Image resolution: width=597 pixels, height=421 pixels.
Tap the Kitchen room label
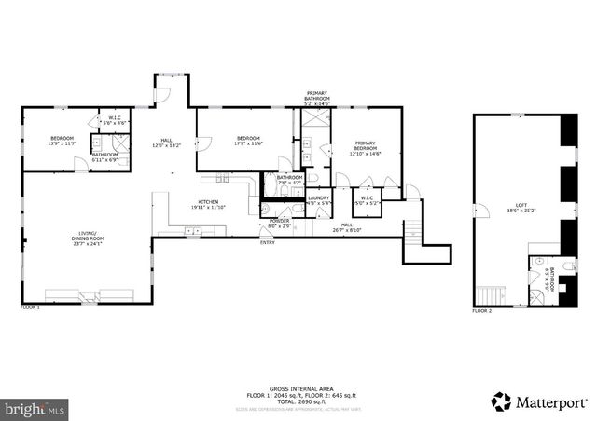[x=207, y=205]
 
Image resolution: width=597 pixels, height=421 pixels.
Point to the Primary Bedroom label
[x=365, y=146]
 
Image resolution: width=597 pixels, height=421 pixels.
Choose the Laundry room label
[x=319, y=199]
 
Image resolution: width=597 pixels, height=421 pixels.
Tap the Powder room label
[x=279, y=224]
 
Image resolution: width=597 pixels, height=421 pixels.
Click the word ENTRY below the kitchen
[x=268, y=243]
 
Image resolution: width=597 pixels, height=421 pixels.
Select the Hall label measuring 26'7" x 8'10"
[x=346, y=227]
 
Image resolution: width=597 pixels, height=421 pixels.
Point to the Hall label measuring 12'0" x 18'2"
[x=167, y=143]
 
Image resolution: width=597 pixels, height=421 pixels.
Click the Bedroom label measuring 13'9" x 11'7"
[x=55, y=141]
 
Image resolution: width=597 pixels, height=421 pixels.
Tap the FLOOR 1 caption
[x=30, y=306]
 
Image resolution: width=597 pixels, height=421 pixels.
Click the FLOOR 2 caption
[x=481, y=310]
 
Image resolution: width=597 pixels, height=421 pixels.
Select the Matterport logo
[x=540, y=402]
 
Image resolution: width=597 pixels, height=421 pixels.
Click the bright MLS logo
[x=35, y=408]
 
